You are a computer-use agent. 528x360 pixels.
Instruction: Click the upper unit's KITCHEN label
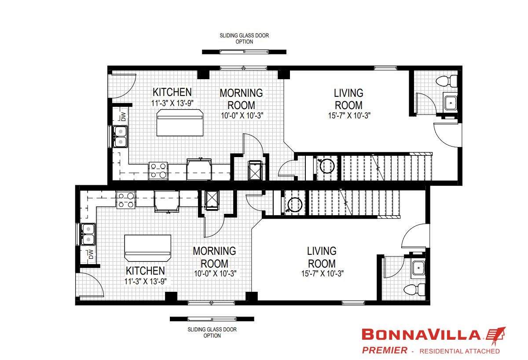click(x=172, y=92)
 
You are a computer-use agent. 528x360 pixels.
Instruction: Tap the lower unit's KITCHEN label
click(x=145, y=271)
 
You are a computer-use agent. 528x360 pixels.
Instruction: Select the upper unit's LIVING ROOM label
click(x=348, y=99)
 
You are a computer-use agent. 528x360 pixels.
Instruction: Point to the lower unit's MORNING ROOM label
click(x=215, y=257)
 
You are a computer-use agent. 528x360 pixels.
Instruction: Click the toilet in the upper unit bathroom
click(x=447, y=81)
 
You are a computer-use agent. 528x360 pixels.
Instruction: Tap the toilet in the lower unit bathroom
click(x=414, y=290)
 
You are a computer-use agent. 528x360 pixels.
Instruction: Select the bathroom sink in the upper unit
click(x=451, y=103)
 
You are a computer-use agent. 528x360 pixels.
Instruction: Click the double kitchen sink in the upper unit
click(x=121, y=136)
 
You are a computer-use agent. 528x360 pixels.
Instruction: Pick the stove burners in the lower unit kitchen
click(x=126, y=200)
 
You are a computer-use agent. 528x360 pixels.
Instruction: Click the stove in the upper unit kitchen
click(x=158, y=171)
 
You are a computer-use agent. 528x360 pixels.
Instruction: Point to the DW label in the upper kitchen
click(x=123, y=117)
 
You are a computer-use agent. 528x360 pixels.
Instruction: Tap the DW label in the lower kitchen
click(x=91, y=254)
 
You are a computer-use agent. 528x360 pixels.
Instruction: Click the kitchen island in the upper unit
click(x=180, y=123)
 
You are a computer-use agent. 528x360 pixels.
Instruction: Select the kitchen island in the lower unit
click(x=148, y=248)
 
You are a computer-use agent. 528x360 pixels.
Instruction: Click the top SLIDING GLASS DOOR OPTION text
click(x=244, y=38)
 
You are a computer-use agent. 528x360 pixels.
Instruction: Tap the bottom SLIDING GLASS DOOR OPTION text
click(x=212, y=332)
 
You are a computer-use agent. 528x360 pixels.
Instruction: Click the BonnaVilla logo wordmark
click(x=421, y=334)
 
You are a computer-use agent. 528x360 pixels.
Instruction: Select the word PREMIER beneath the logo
click(x=385, y=350)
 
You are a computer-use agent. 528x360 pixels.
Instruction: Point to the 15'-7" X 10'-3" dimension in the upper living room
click(x=349, y=115)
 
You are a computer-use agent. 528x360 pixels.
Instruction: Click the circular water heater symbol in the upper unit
click(x=327, y=166)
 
